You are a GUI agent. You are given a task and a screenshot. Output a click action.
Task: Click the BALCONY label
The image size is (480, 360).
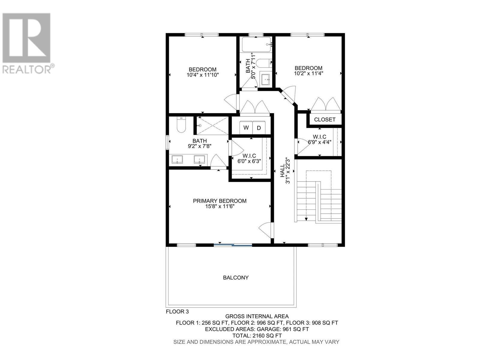tap(236, 278)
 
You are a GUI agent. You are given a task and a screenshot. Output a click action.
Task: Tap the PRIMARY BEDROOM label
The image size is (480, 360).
tap(220, 201)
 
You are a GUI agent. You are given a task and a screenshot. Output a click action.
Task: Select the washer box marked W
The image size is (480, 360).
tap(246, 128)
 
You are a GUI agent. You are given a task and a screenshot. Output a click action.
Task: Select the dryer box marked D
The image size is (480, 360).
tap(259, 128)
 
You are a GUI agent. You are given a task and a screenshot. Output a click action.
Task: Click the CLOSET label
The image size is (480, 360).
tap(325, 119)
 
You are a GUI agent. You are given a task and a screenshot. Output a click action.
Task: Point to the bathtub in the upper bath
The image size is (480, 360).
tap(256, 45)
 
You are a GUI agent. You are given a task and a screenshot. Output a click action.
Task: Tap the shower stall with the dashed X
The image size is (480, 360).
tap(212, 126)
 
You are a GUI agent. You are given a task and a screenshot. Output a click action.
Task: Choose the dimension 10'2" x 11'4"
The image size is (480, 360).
tap(308, 73)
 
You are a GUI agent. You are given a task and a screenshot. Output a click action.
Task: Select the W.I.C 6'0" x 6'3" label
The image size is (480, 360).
tap(249, 158)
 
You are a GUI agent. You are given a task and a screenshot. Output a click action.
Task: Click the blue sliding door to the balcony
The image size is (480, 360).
tap(233, 245)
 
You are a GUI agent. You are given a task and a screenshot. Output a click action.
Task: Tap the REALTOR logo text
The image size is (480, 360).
tap(27, 69)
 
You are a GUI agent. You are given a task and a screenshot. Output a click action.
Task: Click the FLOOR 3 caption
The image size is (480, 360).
tap(177, 312)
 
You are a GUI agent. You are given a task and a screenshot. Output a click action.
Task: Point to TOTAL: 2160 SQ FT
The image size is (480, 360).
tap(257, 335)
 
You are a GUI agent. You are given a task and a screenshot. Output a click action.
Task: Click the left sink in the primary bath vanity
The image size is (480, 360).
tap(179, 159)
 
